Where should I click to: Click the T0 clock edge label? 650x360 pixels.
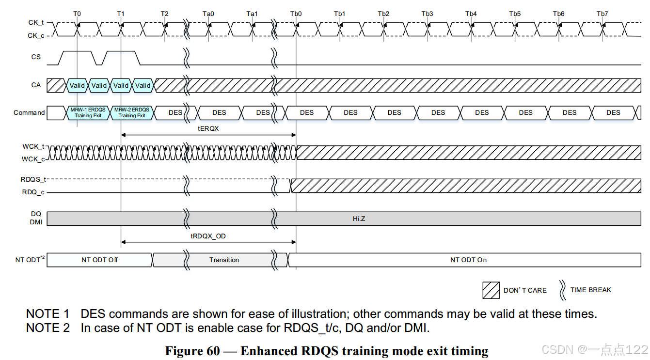tap(77, 14)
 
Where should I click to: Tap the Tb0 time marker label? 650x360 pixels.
tap(296, 14)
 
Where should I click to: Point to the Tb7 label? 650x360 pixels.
tap(602, 14)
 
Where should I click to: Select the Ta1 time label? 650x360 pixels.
tap(252, 14)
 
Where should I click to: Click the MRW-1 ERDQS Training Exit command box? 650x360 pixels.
tap(88, 113)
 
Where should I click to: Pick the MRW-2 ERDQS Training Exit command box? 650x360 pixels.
tap(132, 113)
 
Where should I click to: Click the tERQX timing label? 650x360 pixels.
tap(208, 128)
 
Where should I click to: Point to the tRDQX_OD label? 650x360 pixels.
tap(208, 236)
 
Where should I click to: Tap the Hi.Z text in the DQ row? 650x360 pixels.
tap(359, 219)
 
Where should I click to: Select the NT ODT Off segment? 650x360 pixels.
tap(99, 260)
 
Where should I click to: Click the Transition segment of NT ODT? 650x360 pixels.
tap(224, 260)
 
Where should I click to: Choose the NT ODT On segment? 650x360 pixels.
tap(468, 260)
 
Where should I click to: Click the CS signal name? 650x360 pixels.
tap(36, 57)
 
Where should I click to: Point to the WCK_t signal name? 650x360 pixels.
tap(33, 146)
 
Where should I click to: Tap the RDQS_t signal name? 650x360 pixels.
tap(33, 179)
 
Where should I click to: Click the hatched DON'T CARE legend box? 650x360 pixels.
tap(491, 290)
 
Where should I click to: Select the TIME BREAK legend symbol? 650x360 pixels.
tap(563, 290)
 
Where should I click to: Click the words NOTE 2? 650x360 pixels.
tap(48, 328)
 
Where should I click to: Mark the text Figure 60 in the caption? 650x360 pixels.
tap(192, 351)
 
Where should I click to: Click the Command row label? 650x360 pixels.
tap(29, 113)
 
